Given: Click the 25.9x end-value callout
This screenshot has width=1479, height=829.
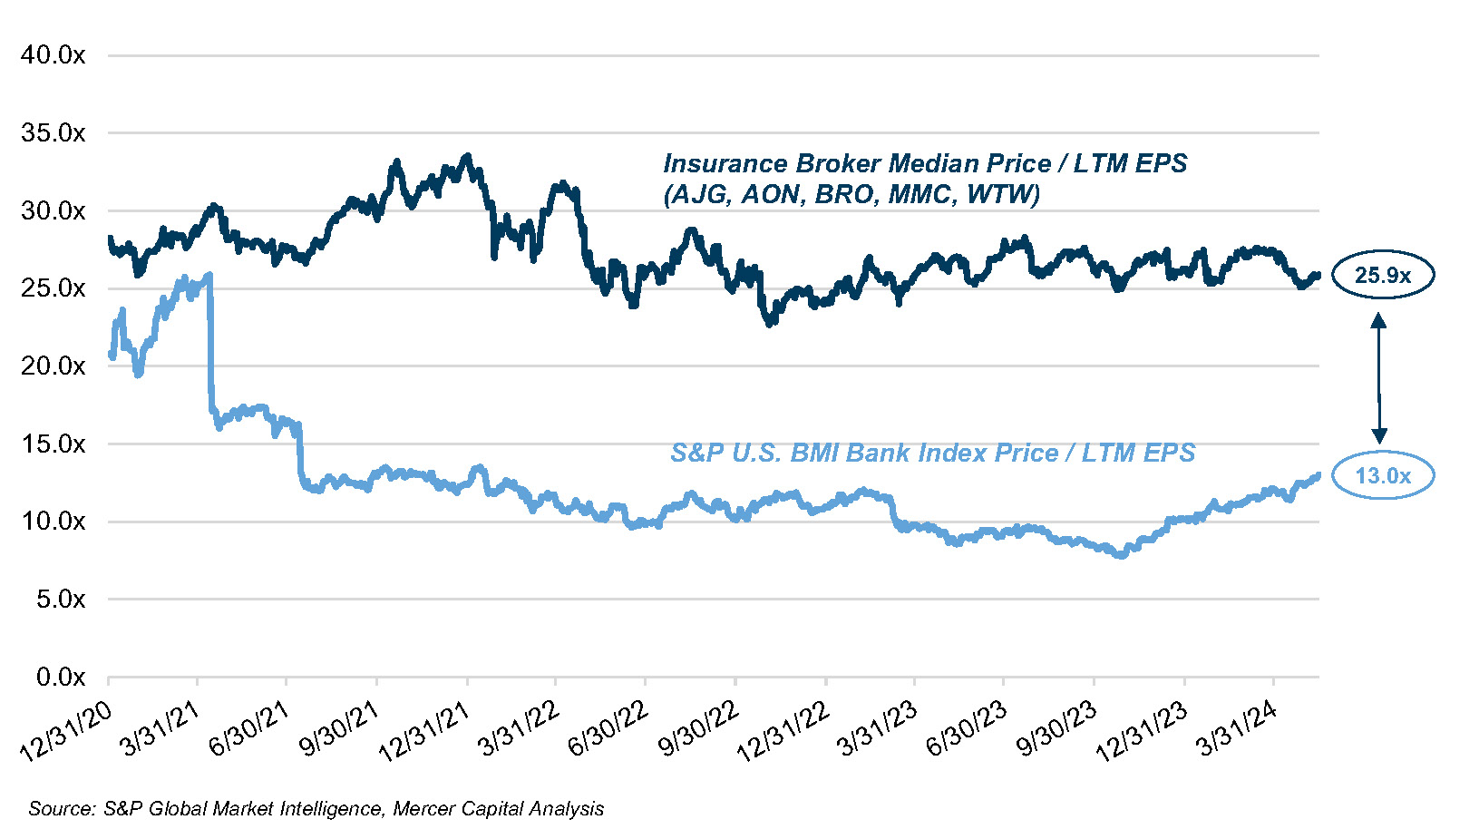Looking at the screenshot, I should click(x=1382, y=275).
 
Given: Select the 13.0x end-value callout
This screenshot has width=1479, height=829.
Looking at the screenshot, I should click(x=1382, y=475).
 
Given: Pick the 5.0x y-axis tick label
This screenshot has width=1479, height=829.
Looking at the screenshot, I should click(x=60, y=600).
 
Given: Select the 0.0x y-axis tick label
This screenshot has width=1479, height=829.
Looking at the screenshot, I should click(x=60, y=678).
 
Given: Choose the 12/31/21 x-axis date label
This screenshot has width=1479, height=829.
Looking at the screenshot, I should click(x=424, y=731).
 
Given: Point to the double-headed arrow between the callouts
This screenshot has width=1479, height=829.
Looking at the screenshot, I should click(x=1379, y=376).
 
